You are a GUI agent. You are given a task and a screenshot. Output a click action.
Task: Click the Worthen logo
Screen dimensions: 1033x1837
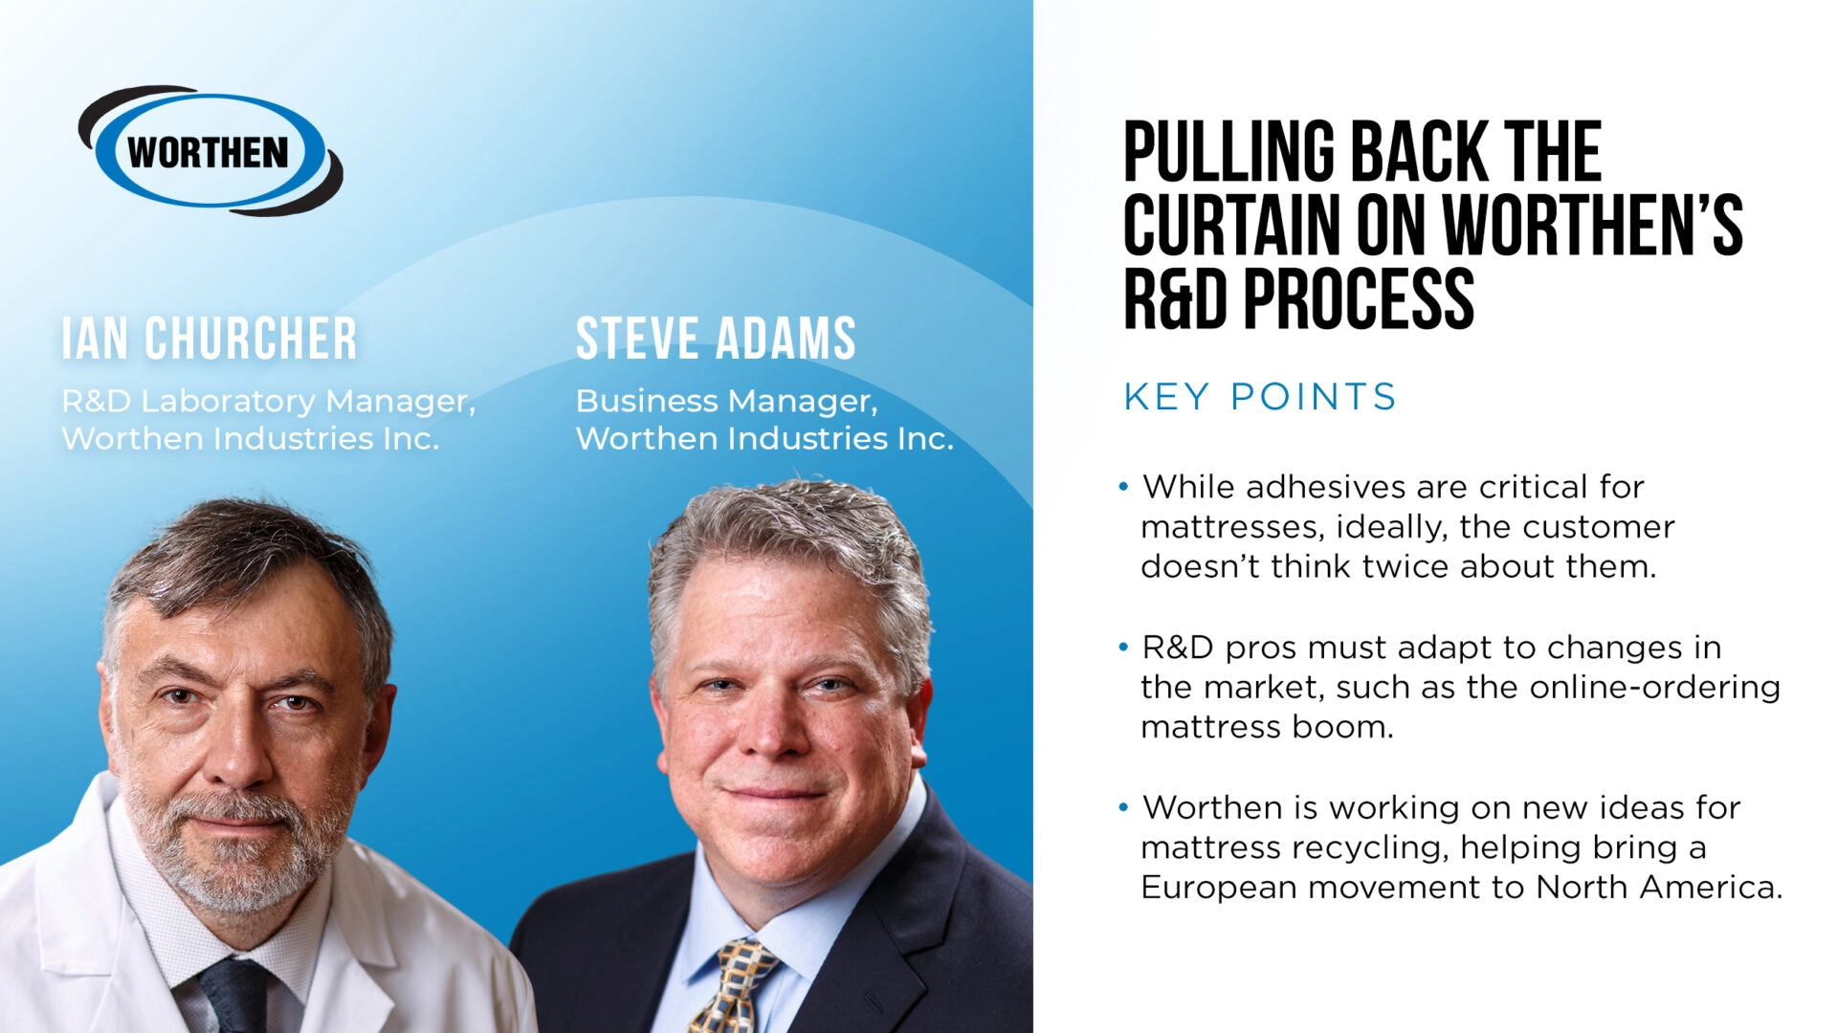point(210,151)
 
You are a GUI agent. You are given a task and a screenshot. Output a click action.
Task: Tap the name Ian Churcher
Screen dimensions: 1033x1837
point(210,339)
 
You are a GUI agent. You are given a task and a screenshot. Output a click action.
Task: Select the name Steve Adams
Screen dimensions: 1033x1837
point(716,339)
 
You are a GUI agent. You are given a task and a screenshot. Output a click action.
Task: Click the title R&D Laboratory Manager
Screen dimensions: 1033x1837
point(268,401)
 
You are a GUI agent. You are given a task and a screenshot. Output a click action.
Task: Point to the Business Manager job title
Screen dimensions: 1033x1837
point(726,401)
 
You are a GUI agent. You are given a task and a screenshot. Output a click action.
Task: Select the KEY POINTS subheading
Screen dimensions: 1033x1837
point(1260,396)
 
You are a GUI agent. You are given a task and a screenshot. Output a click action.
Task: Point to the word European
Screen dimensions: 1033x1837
point(1218,888)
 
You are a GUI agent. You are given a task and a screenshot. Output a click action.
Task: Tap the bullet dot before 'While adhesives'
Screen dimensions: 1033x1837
point(1123,487)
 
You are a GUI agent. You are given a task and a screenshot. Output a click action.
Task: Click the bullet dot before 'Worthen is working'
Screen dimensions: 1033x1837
point(1123,807)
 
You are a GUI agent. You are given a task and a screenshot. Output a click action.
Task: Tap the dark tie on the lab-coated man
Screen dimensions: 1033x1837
point(235,995)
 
